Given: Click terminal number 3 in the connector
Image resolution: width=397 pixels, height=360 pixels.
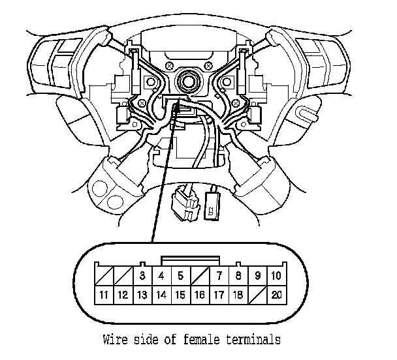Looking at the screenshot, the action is [x=142, y=275].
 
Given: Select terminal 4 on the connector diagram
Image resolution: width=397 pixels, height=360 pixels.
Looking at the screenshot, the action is [x=161, y=275].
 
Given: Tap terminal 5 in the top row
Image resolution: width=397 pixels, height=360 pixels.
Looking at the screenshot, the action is [x=180, y=275].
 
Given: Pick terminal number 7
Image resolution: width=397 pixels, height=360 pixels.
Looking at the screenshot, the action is [x=219, y=275].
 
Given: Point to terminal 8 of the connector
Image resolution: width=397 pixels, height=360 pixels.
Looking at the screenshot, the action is [x=238, y=275].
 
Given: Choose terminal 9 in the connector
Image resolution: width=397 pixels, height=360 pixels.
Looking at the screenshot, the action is [x=257, y=275].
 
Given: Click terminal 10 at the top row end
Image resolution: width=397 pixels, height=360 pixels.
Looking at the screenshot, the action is [x=276, y=275].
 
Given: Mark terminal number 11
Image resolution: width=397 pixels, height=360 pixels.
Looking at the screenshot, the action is [x=104, y=295].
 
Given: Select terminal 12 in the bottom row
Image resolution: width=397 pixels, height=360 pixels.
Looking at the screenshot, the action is [x=123, y=295].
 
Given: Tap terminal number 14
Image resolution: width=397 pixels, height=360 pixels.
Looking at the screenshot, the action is [x=161, y=295].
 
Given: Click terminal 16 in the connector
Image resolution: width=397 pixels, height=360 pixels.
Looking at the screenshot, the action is [x=200, y=295].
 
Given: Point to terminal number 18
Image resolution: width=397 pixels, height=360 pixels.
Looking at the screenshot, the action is [x=238, y=295].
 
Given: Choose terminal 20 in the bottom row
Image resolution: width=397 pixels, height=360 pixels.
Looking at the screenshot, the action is [x=276, y=295].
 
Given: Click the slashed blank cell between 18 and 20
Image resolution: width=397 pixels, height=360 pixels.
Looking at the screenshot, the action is [x=257, y=295].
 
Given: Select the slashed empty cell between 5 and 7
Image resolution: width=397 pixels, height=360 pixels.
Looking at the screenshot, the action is [x=200, y=275].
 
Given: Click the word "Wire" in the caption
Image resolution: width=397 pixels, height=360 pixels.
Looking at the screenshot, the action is [x=116, y=339].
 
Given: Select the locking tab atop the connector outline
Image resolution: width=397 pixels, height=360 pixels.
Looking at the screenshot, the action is [x=189, y=260].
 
